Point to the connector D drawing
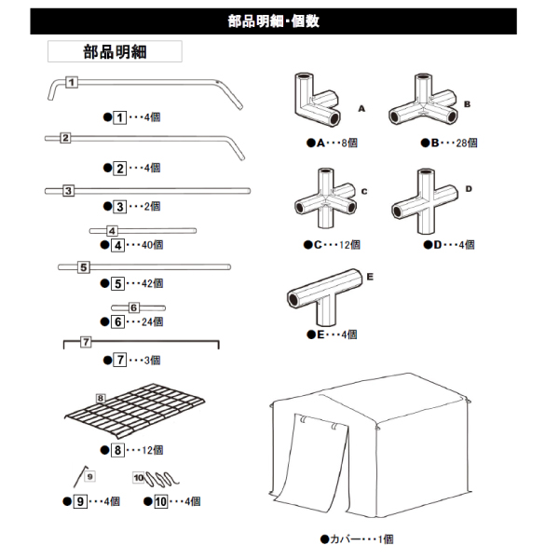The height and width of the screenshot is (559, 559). pyautogui.click(x=427, y=198)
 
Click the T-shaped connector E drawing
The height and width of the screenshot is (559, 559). pyautogui.click(x=326, y=294)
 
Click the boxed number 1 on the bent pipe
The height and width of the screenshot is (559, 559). pyautogui.click(x=71, y=82)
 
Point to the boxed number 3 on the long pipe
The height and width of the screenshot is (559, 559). pyautogui.click(x=68, y=191)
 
